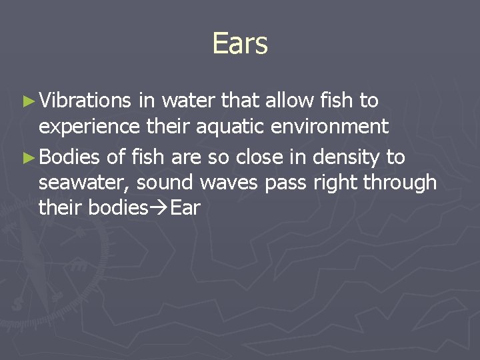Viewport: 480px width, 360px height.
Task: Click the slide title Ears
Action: coord(240,44)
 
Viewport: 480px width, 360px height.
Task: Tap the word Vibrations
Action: coord(85,101)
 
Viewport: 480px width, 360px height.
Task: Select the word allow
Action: coord(289,101)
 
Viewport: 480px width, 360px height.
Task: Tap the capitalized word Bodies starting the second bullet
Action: coord(69,157)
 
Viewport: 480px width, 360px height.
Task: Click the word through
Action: coord(401,183)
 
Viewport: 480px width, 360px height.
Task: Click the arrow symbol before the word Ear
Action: coord(159,208)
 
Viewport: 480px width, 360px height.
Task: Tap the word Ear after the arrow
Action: coord(186,207)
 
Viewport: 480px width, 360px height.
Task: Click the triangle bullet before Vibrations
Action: coord(27,101)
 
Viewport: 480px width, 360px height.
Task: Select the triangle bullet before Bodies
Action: coord(27,158)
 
